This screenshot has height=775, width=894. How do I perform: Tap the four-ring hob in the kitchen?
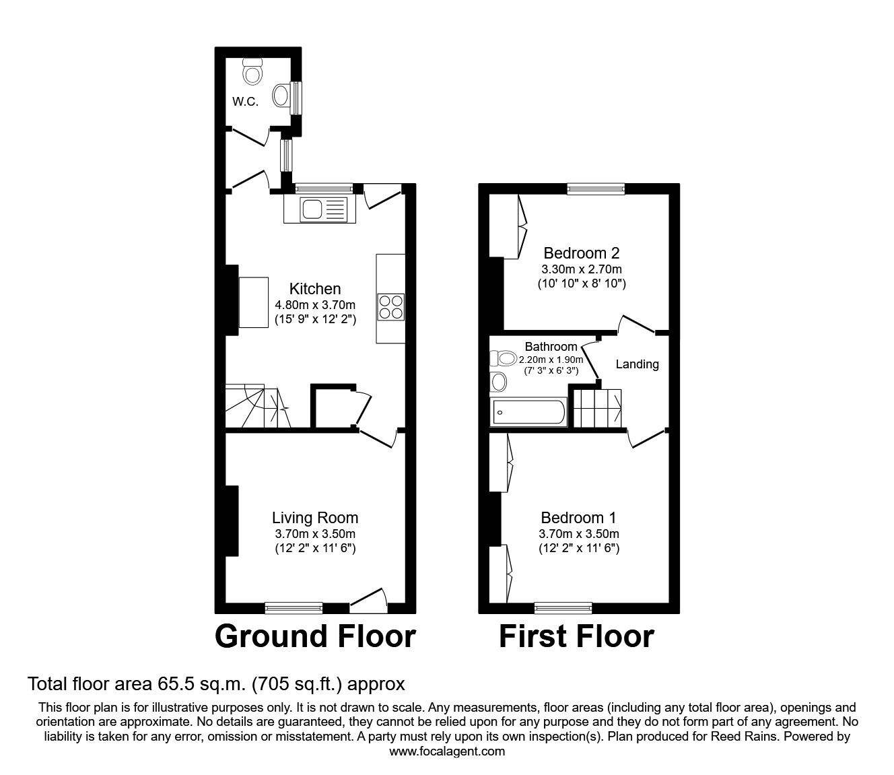pyautogui.click(x=391, y=307)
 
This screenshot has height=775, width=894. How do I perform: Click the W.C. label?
pyautogui.click(x=245, y=102)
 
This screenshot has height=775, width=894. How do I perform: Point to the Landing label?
pyautogui.click(x=637, y=364)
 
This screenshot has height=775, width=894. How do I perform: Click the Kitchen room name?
pyautogui.click(x=315, y=289)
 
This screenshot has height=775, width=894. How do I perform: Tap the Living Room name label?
pyautogui.click(x=315, y=518)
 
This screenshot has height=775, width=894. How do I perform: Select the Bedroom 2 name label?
pyautogui.click(x=581, y=253)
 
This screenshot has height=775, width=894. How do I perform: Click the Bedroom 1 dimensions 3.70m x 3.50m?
pyautogui.click(x=578, y=534)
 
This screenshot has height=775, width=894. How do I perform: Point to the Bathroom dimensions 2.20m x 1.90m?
pyautogui.click(x=551, y=360)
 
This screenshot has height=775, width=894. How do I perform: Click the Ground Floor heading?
pyautogui.click(x=315, y=636)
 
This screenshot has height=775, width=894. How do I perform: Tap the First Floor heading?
pyautogui.click(x=576, y=636)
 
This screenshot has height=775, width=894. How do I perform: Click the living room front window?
pyautogui.click(x=294, y=608)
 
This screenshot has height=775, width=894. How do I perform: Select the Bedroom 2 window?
pyautogui.click(x=596, y=189)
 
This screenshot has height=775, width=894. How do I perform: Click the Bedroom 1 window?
pyautogui.click(x=563, y=608)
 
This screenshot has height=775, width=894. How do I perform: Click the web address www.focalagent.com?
pyautogui.click(x=447, y=751)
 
